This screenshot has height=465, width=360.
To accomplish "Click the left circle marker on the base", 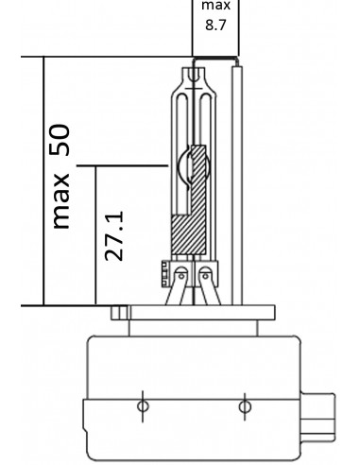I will (x=142, y=406).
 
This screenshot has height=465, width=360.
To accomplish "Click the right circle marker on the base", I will (x=246, y=406).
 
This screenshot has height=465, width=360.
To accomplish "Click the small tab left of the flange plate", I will (x=117, y=312).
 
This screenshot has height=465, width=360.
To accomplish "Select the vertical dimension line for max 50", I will (x=43, y=180).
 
